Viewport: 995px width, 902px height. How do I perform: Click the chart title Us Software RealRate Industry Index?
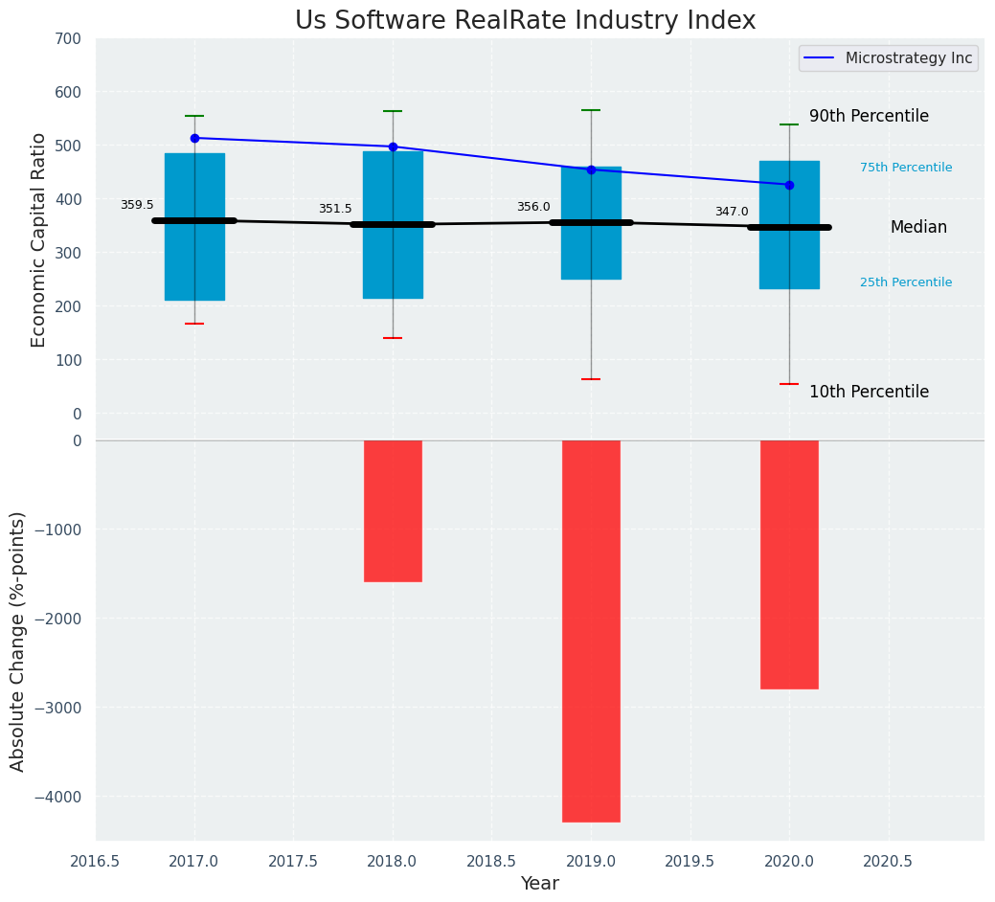coord(525,21)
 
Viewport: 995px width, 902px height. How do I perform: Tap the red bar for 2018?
coord(393,510)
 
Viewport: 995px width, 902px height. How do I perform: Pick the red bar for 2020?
coord(789,564)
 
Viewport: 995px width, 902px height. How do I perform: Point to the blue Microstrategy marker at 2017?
coord(194,138)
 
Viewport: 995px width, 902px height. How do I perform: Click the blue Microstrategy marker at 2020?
coord(789,185)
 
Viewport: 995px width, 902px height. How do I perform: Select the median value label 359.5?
coord(137,205)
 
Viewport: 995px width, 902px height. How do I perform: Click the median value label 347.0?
coord(732,212)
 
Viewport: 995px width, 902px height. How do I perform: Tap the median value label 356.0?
coord(533,207)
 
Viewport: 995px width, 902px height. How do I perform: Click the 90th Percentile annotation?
coord(869,116)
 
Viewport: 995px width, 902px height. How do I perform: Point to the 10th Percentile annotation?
coord(869,392)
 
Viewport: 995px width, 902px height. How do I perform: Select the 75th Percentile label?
coord(906,168)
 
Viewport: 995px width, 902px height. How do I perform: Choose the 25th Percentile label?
coord(906,282)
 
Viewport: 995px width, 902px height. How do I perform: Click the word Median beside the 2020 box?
coord(918,227)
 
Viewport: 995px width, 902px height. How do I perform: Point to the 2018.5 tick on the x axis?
coord(491,861)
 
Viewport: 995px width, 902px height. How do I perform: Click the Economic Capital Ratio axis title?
coord(39,239)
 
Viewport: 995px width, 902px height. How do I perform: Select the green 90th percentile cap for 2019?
coord(591,110)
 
